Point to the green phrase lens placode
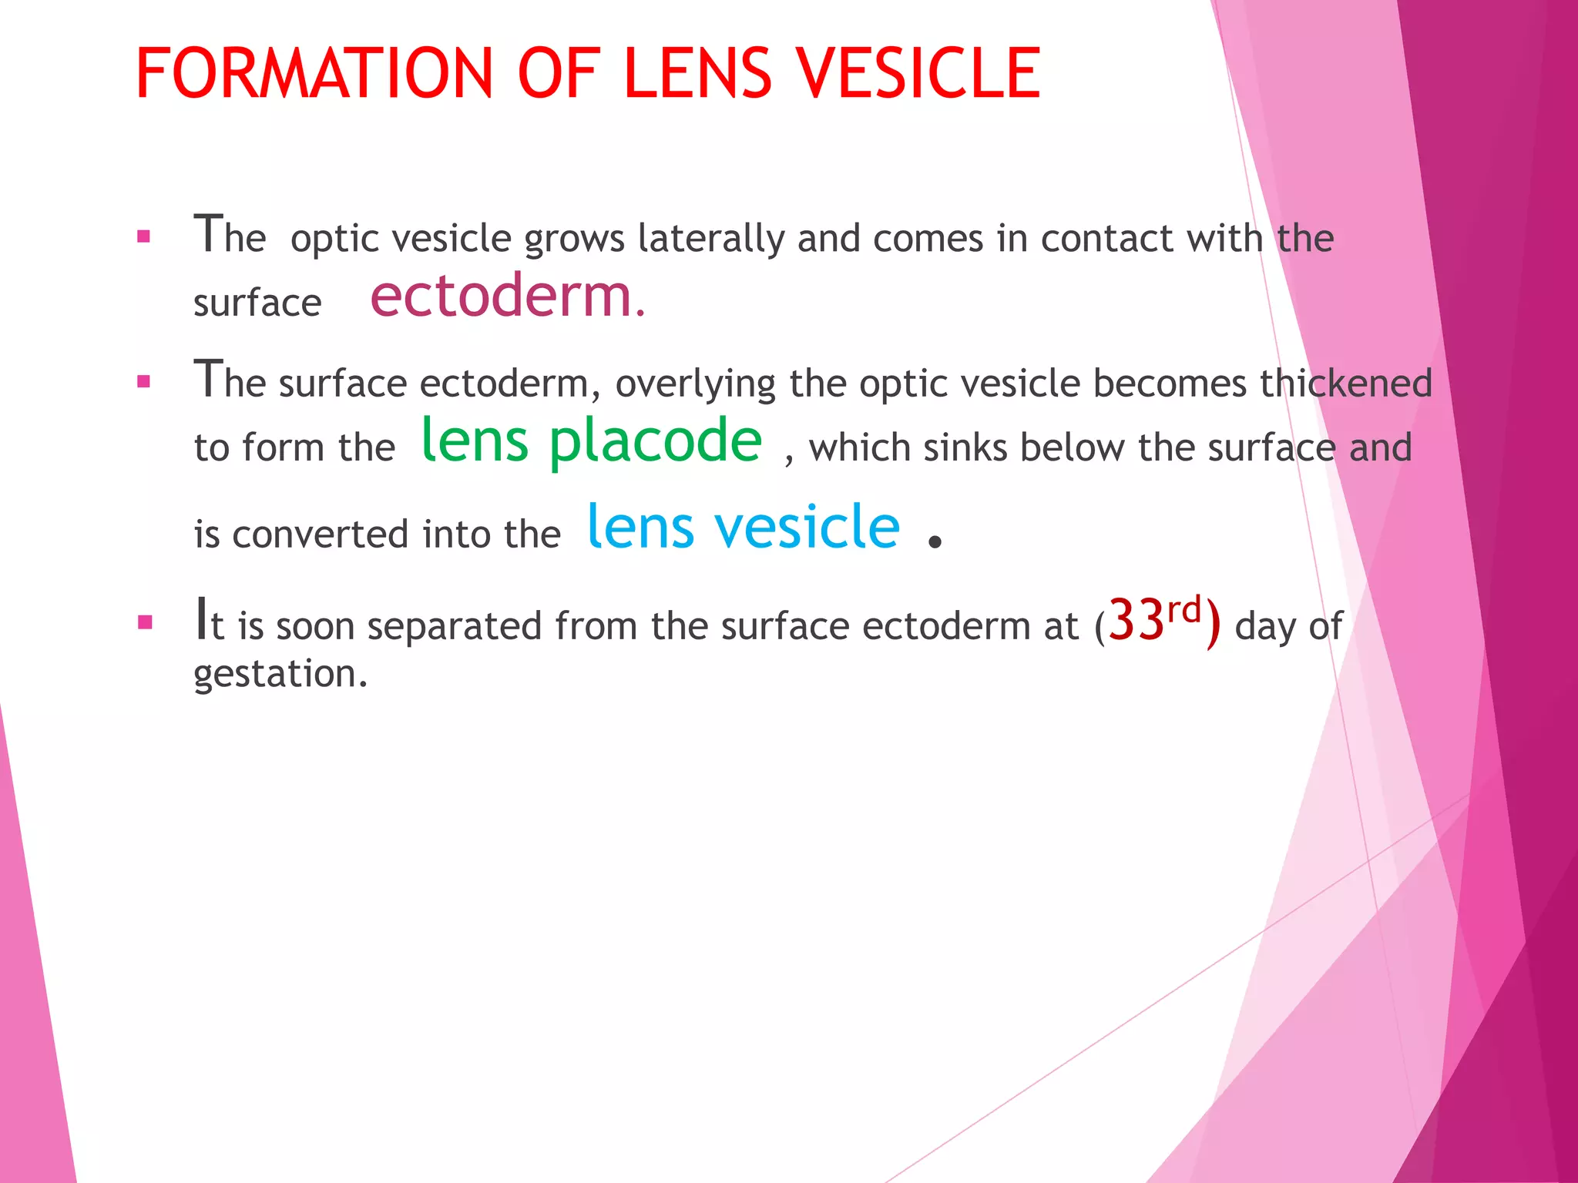592,441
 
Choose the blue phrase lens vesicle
744,527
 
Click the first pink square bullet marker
143,236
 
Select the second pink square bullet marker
143,381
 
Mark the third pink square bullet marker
144,622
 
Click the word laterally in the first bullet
711,238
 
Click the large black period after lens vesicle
935,541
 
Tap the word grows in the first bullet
574,240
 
